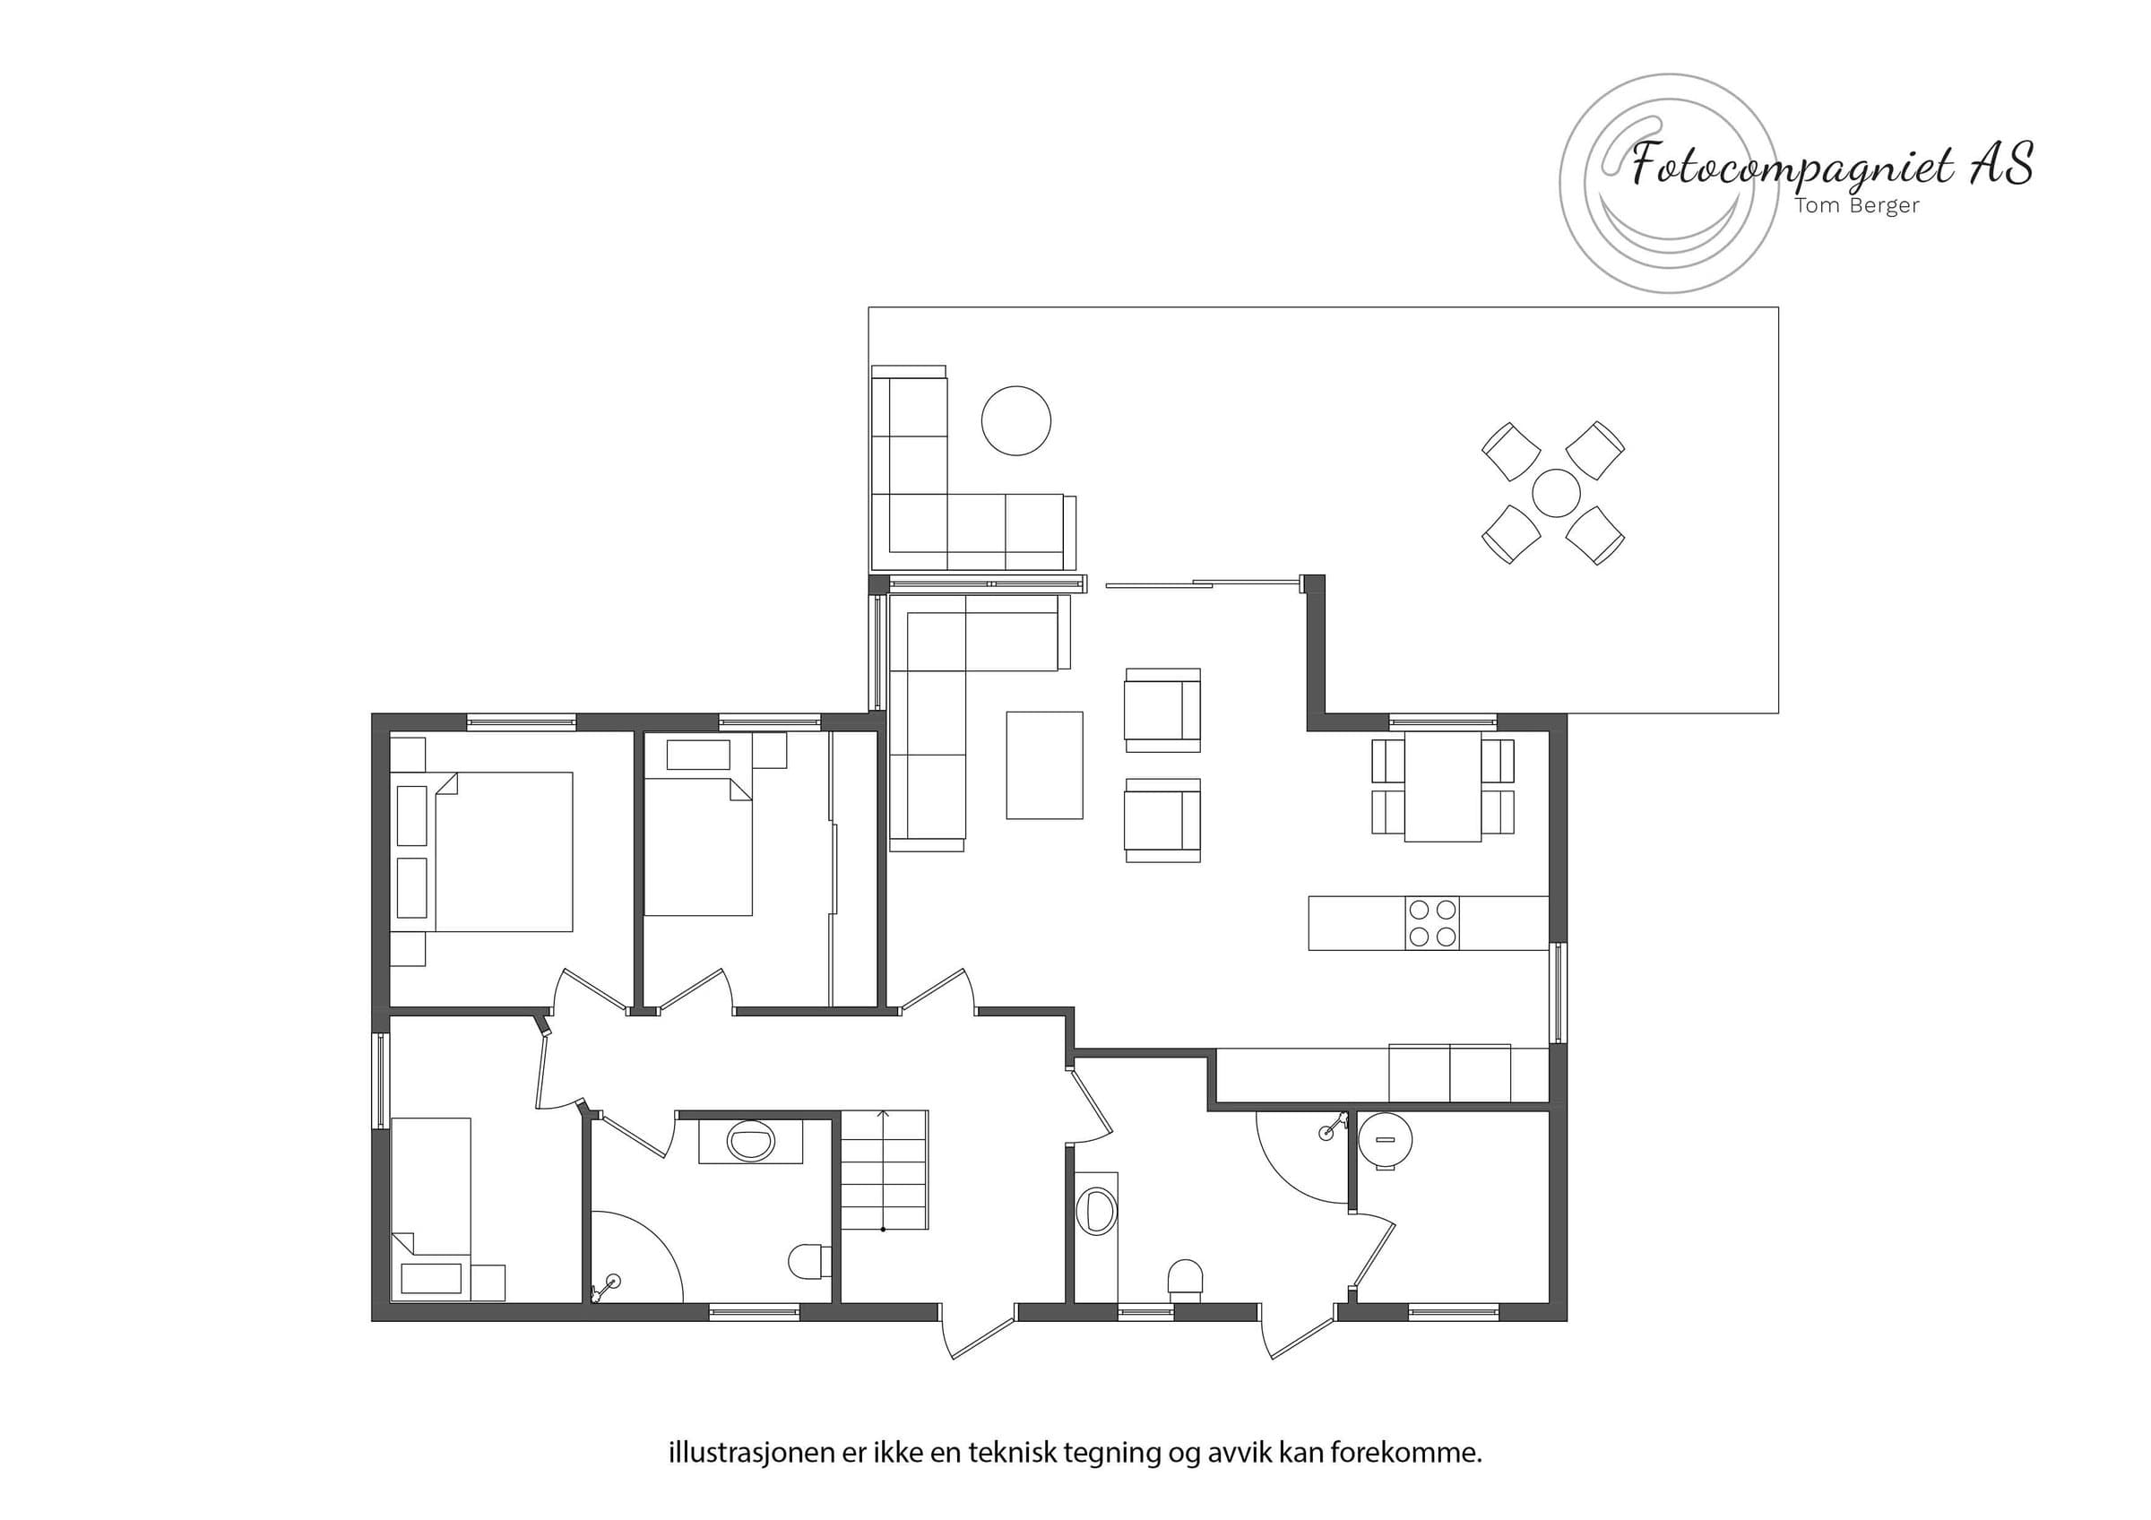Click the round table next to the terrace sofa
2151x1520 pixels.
[x=1015, y=421]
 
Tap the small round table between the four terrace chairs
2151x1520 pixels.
[x=1556, y=493]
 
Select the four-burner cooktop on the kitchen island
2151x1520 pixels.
[x=1432, y=923]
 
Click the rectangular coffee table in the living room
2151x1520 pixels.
[x=1045, y=765]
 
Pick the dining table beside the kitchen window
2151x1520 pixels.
[x=1443, y=786]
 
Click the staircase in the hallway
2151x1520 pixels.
[x=884, y=1170]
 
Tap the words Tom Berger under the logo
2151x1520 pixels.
[x=1857, y=205]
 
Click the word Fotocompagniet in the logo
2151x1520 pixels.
[x=1793, y=167]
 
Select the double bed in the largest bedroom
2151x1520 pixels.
[x=503, y=851]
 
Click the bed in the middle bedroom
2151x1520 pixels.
[x=698, y=850]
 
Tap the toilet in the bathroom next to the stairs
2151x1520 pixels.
[x=808, y=1263]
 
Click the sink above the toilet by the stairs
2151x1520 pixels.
[x=750, y=1142]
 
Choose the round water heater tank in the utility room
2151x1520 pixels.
[x=1386, y=1141]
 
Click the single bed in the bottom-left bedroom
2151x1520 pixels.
[x=431, y=1208]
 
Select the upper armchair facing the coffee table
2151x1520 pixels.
[x=1162, y=710]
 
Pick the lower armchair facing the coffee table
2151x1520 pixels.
[x=1162, y=819]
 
